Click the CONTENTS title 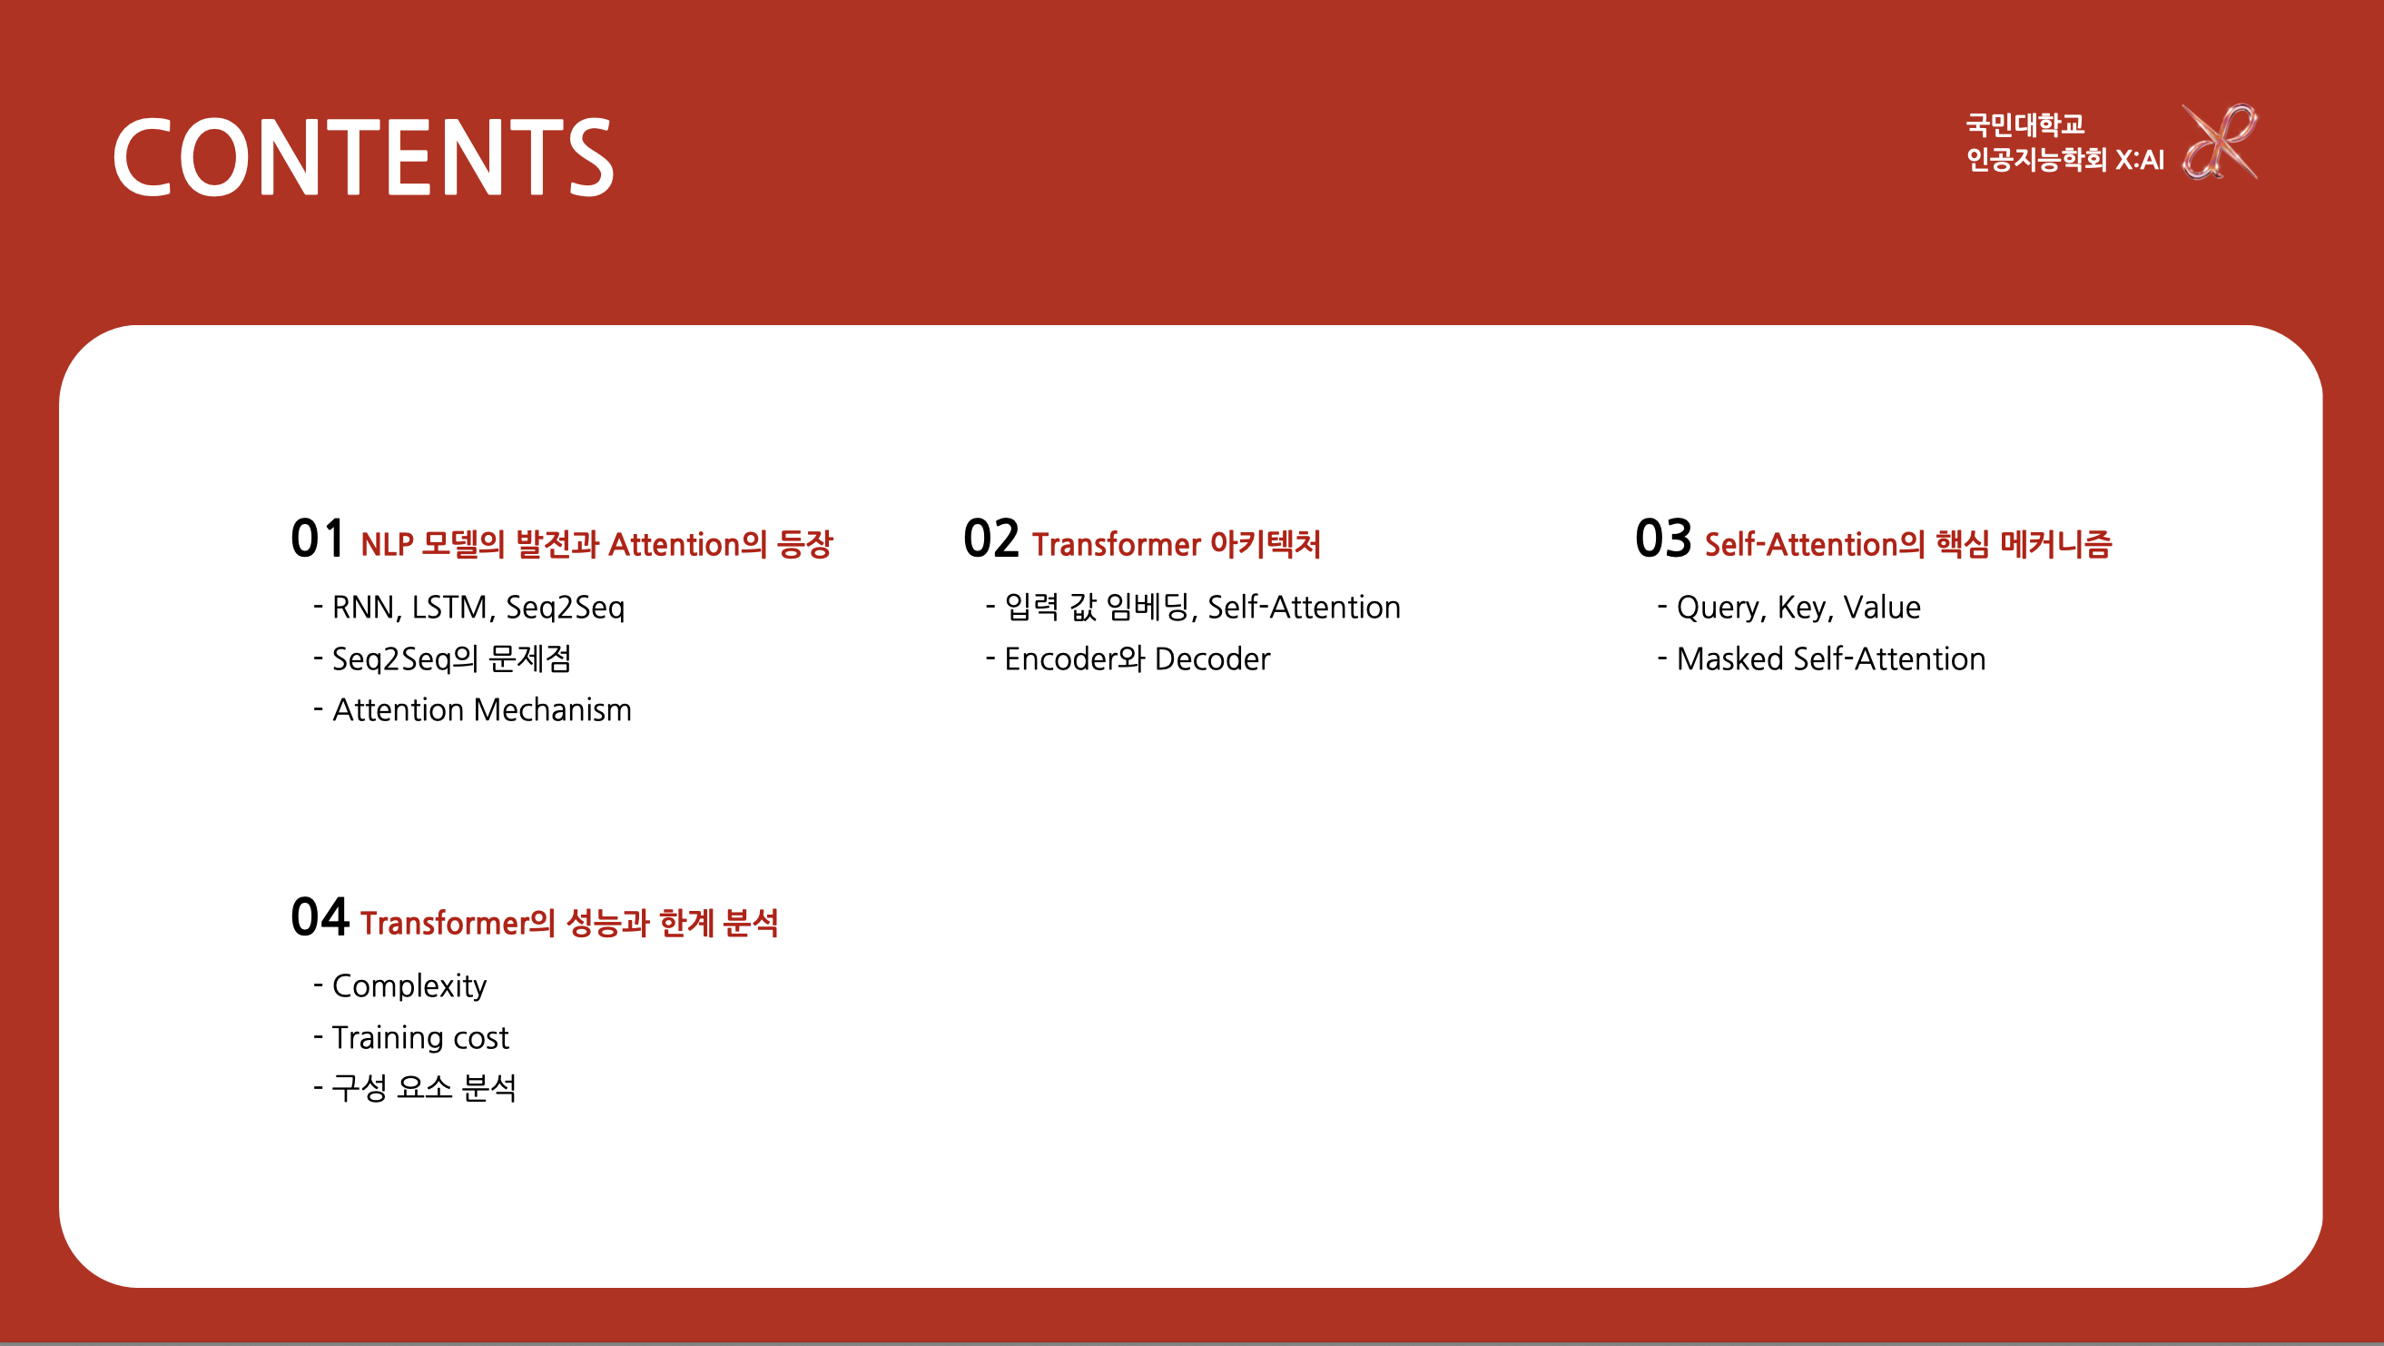pos(363,156)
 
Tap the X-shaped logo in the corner pos(2220,142)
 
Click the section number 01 pos(318,539)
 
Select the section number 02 pos(990,539)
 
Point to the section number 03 pos(1663,539)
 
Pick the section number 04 pos(320,917)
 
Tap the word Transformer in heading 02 pos(1116,544)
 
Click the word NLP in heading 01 pos(387,544)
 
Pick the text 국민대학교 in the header pos(2024,124)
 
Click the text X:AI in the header pos(2140,160)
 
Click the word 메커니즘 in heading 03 pos(2055,544)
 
